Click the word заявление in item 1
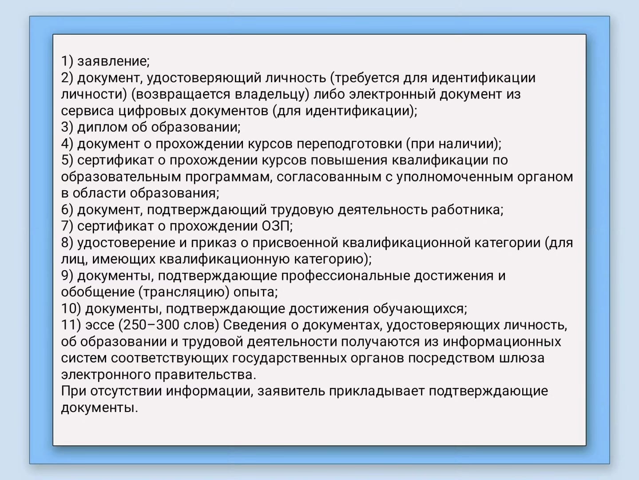[113, 61]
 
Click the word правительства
[205, 375]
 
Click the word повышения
[349, 160]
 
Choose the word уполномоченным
[455, 177]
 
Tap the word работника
[467, 210]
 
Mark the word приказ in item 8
[214, 243]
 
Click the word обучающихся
[420, 309]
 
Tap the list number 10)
[71, 309]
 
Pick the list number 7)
[67, 226]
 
